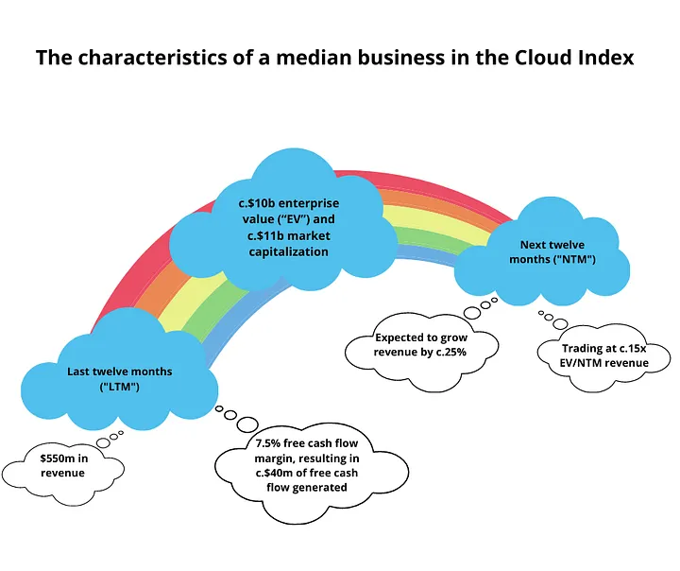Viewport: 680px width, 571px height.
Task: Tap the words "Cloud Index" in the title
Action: pyautogui.click(x=574, y=58)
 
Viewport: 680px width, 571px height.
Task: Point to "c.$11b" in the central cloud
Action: pyautogui.click(x=265, y=235)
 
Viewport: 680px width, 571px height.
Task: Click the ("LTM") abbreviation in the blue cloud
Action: pyautogui.click(x=120, y=387)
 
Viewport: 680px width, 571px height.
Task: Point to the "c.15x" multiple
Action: pyautogui.click(x=633, y=348)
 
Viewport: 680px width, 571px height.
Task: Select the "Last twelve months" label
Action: pyautogui.click(x=120, y=372)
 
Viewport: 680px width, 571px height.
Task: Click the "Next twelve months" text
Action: pyautogui.click(x=552, y=251)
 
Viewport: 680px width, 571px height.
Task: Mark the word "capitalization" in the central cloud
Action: pyautogui.click(x=288, y=251)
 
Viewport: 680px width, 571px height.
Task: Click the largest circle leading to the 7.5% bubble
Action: pyautogui.click(x=247, y=424)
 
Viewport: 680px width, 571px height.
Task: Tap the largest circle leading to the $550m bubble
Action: pyautogui.click(x=104, y=443)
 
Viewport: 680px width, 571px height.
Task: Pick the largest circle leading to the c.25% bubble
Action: pyautogui.click(x=472, y=313)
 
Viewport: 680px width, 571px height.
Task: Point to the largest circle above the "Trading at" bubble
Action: pyautogui.click(x=560, y=324)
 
